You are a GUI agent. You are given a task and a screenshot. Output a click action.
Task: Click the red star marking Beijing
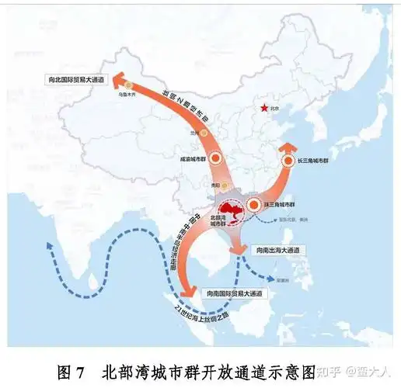click(266, 109)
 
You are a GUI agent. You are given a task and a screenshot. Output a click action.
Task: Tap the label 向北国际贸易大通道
click(75, 78)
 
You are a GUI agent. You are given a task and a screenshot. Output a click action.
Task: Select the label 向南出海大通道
click(278, 250)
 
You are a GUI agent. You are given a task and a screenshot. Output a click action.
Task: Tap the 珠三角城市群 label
click(284, 204)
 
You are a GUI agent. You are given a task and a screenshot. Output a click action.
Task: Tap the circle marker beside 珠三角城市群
click(254, 205)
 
